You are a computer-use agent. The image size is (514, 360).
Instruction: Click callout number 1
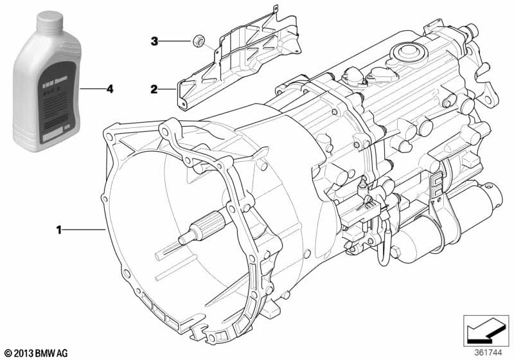[59, 229]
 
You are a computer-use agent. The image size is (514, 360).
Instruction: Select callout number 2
[155, 89]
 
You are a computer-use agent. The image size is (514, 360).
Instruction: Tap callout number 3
[155, 42]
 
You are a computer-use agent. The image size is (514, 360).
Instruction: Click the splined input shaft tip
[193, 235]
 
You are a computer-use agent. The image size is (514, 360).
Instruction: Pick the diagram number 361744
[488, 353]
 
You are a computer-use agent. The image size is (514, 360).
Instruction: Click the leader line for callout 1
[84, 229]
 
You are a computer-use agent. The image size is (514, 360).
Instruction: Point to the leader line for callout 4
[93, 89]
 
